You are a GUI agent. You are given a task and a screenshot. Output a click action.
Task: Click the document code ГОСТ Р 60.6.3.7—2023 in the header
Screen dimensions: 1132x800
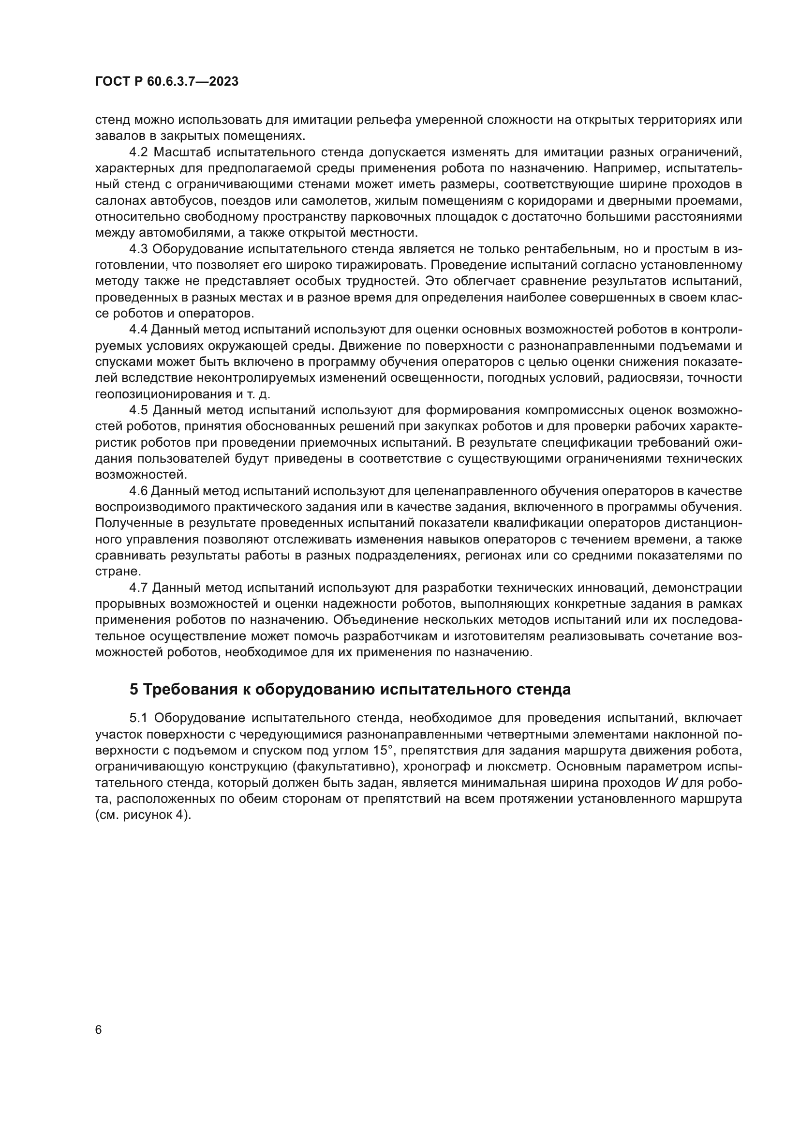click(x=166, y=82)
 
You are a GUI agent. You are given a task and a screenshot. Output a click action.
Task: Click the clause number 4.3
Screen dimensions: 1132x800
click(x=139, y=249)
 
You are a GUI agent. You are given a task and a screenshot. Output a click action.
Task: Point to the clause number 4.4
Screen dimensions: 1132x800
click(x=138, y=330)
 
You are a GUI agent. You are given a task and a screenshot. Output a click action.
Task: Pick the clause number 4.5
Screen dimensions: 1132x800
click(x=139, y=410)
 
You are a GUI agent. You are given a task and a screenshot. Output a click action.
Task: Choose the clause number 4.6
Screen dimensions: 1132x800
click(x=138, y=491)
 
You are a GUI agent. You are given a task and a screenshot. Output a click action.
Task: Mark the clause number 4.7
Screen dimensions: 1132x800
click(x=139, y=588)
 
